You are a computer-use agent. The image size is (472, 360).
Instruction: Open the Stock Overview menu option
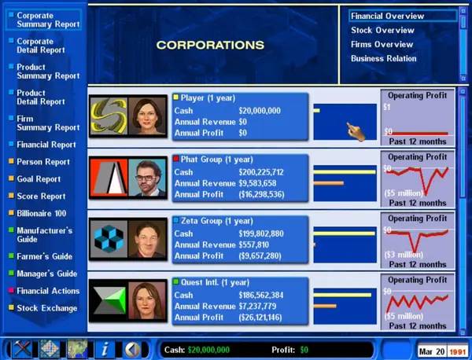tap(382, 30)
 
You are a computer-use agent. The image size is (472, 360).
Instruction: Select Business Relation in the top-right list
tap(384, 58)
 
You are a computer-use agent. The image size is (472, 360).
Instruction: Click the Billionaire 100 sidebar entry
tap(41, 214)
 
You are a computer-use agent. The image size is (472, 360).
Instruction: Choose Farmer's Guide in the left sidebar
tap(44, 256)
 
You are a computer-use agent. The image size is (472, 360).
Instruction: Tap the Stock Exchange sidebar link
tap(47, 308)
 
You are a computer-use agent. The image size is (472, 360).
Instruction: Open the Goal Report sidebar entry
tap(39, 179)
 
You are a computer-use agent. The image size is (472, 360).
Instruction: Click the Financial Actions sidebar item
tap(48, 291)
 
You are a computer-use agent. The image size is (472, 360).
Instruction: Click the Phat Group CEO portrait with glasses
tap(147, 178)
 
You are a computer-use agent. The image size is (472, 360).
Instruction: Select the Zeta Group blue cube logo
tap(109, 239)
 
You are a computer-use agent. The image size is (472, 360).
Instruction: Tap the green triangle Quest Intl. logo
tap(109, 301)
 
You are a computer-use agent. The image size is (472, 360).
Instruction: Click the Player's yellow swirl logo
tap(109, 116)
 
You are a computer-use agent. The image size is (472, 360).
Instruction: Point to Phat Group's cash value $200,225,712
tap(261, 172)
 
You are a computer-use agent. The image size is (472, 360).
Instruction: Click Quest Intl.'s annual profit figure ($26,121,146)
tap(260, 318)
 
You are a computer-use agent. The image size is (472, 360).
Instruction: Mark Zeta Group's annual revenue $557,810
tap(253, 244)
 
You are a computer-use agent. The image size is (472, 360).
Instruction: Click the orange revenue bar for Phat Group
tap(328, 183)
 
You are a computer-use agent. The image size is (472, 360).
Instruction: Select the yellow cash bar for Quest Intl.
tap(342, 295)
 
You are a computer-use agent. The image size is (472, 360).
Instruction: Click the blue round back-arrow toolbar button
tap(132, 350)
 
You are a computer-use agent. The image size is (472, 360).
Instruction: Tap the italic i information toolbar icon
tap(105, 350)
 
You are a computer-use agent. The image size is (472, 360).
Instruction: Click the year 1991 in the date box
tap(457, 351)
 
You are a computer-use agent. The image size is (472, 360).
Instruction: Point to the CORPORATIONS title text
tap(210, 45)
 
